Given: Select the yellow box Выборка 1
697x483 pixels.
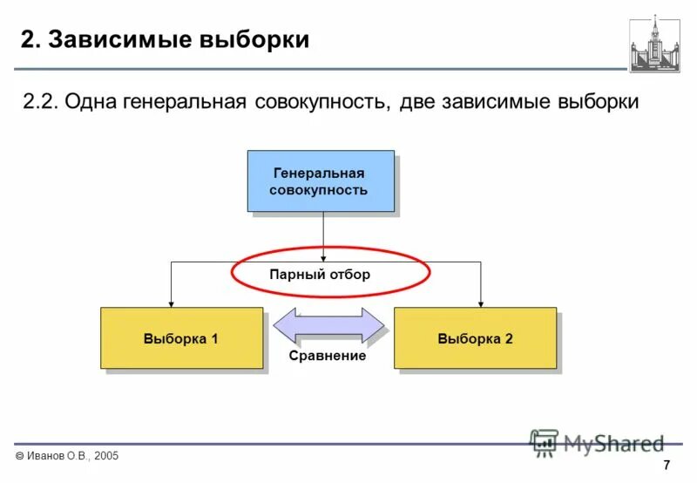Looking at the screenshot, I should click(180, 338).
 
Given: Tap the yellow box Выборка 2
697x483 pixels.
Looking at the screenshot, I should click(475, 338).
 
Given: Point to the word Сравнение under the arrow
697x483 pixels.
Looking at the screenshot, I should click(328, 357).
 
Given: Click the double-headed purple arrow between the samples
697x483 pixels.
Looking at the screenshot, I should click(328, 326).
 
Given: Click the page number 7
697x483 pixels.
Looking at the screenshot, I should click(667, 463).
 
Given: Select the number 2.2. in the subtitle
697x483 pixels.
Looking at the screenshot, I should click(41, 102).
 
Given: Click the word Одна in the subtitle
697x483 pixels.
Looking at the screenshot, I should click(97, 102).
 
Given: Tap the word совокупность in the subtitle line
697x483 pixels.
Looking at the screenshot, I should click(321, 102).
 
